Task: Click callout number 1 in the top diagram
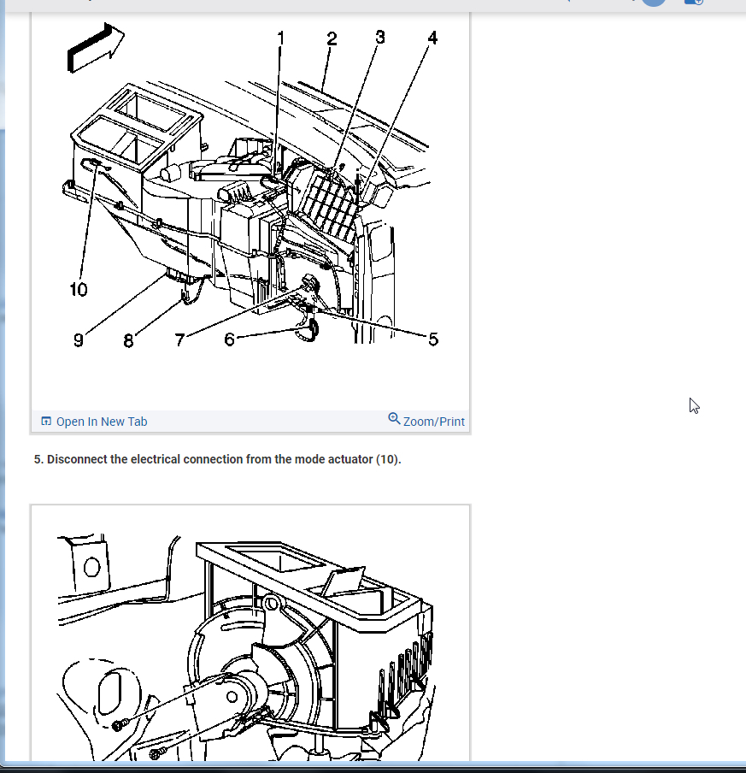tap(281, 38)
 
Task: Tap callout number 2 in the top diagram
tap(332, 39)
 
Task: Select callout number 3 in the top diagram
tap(380, 38)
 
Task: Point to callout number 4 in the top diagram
tap(432, 38)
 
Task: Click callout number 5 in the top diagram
tap(433, 339)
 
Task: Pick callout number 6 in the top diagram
tap(229, 339)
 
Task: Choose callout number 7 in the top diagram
tap(179, 339)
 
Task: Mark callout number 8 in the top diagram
tap(128, 340)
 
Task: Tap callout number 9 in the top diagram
tap(79, 340)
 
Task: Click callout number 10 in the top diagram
tap(79, 289)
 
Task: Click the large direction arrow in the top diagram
tap(96, 47)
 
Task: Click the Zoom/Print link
tap(433, 422)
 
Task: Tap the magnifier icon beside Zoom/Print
tap(394, 418)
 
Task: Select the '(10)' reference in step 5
tap(387, 459)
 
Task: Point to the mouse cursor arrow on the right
tap(694, 405)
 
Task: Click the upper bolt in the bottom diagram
tap(119, 725)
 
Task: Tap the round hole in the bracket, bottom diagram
tap(91, 567)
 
